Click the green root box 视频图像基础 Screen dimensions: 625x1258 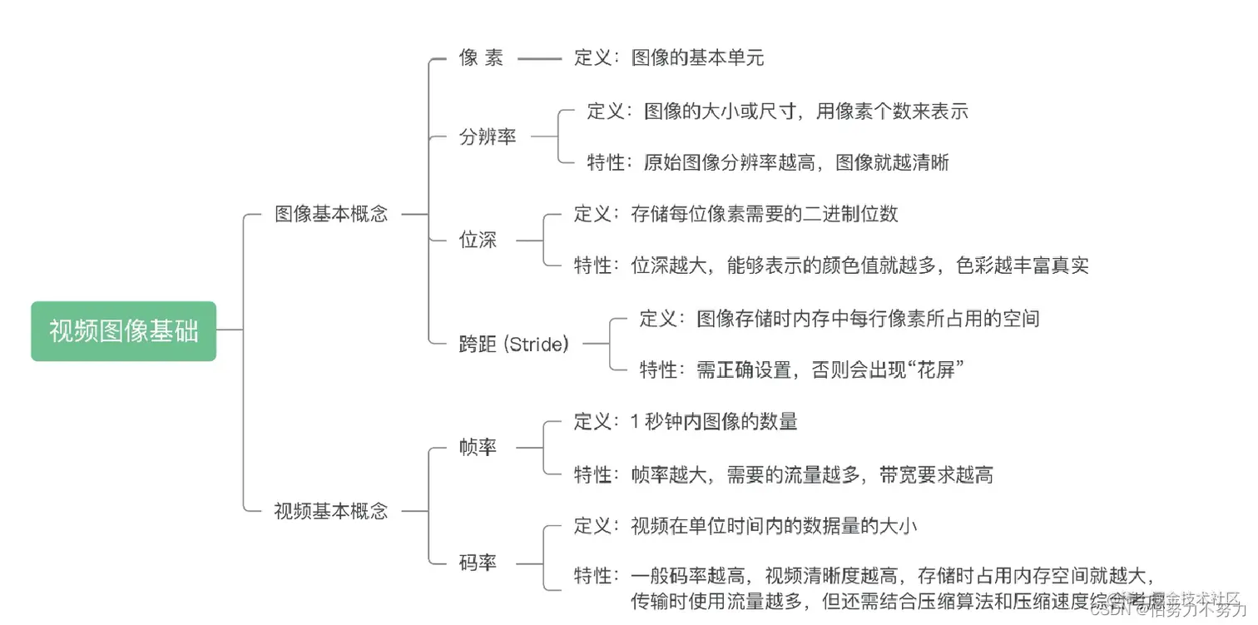123,331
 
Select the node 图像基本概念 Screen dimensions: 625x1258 331,214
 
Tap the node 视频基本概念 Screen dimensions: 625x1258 331,511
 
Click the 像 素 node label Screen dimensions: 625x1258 481,58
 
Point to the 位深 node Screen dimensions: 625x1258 478,241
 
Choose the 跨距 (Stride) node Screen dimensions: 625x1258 513,344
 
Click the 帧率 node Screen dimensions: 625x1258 478,448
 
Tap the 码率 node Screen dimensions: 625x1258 478,563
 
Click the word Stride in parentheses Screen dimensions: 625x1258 537,344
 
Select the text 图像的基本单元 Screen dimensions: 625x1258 697,58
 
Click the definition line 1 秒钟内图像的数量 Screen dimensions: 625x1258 714,422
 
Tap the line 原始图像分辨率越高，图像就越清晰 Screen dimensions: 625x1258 796,162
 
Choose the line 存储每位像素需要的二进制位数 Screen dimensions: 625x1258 765,214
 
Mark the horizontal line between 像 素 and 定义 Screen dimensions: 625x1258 539,58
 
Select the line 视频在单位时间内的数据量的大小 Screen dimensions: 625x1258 774,526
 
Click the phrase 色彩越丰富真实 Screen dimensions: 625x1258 1023,266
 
